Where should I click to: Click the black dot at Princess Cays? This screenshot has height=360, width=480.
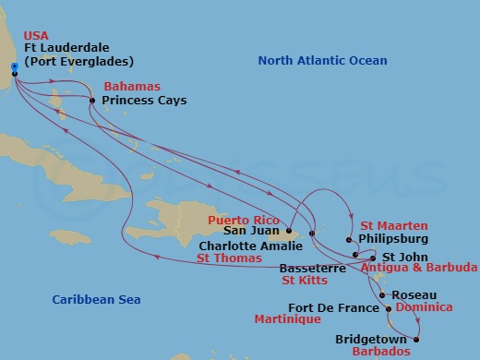tap(91, 100)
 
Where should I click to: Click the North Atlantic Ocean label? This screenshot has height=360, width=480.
tap(322, 60)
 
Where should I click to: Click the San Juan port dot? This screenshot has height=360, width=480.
tap(289, 232)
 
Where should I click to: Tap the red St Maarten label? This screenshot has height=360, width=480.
tap(392, 224)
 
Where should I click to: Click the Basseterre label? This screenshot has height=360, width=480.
tap(311, 268)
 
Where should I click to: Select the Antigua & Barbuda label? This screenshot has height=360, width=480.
tap(419, 268)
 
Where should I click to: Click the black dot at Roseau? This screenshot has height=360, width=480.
tap(385, 296)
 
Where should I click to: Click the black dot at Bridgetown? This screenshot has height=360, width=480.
tap(416, 340)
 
